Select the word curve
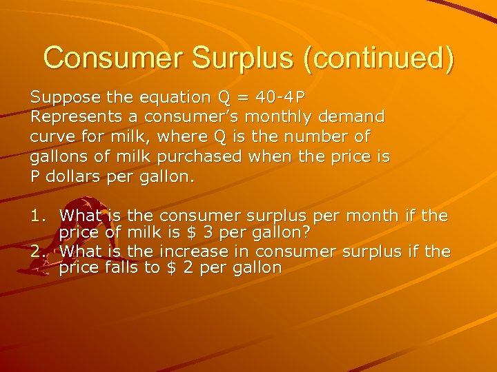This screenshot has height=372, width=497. [x=51, y=136]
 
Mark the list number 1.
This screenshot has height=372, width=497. [x=37, y=217]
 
